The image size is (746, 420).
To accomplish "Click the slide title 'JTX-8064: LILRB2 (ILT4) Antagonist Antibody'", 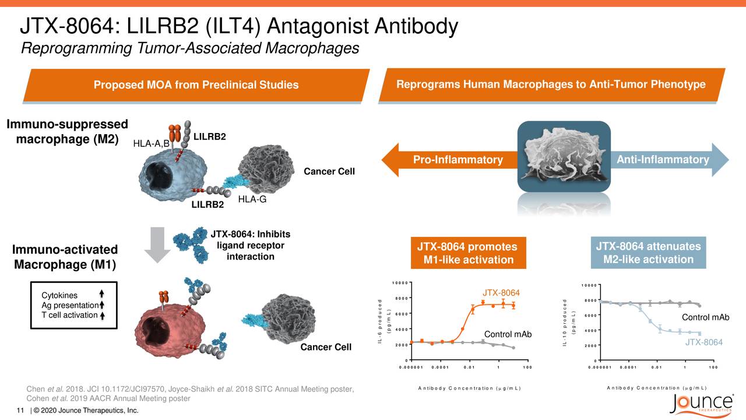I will (x=239, y=26).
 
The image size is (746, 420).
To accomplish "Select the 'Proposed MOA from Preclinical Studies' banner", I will (x=196, y=85).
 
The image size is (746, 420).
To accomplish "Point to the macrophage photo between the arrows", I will (x=564, y=156).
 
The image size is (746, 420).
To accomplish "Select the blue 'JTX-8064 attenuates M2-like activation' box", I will (x=648, y=253).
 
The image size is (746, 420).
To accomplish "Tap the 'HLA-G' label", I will (x=252, y=199).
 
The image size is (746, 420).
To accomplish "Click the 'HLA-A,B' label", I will (x=151, y=143).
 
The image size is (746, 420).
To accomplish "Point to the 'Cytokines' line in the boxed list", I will (x=59, y=295).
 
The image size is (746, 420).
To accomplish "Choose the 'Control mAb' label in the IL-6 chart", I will (x=508, y=334).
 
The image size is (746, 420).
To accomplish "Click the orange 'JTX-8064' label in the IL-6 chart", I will (x=501, y=293).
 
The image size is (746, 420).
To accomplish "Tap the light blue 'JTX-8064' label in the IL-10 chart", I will (x=703, y=342).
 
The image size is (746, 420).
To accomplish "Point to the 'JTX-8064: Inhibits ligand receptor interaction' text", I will (x=250, y=246).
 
